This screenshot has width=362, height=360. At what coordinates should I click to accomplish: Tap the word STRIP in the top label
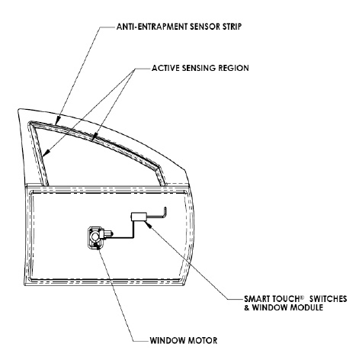(232, 27)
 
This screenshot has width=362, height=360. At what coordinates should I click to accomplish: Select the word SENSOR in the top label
(204, 27)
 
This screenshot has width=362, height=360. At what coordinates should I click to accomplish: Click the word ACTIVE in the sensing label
(166, 68)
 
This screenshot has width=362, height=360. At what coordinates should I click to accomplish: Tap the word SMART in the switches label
(257, 298)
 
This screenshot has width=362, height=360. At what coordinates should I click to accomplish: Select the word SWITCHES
(328, 298)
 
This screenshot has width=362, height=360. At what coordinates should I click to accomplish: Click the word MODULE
(306, 307)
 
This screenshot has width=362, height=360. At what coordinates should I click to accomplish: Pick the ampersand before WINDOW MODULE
(247, 307)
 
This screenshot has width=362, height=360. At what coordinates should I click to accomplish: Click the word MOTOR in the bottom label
(203, 340)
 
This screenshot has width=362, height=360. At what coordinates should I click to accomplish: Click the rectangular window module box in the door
(139, 217)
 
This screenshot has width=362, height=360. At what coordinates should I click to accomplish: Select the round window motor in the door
(95, 237)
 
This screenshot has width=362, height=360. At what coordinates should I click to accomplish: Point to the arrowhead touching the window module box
(149, 223)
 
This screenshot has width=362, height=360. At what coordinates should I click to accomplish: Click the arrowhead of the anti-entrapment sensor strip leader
(58, 121)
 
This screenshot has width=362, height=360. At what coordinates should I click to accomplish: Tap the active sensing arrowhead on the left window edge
(46, 153)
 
